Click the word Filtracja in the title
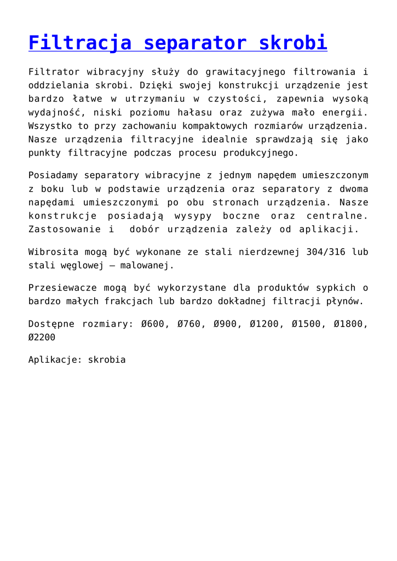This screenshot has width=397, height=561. (79, 43)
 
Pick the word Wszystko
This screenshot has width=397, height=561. (50, 126)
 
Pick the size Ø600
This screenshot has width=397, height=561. (152, 324)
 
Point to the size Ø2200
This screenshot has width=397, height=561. (42, 337)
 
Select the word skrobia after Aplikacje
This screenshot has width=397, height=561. (107, 360)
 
